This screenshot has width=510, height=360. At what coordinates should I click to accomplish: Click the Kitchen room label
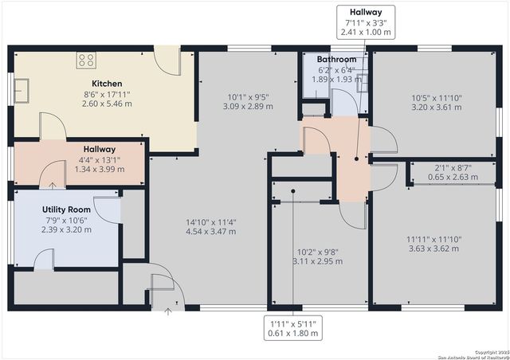click(106, 84)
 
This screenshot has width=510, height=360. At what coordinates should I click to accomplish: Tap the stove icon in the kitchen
click(86, 60)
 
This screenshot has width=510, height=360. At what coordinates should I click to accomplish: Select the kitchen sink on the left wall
click(22, 88)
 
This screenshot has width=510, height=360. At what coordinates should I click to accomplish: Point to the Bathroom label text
click(336, 60)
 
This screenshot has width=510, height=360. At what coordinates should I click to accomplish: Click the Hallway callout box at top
click(366, 22)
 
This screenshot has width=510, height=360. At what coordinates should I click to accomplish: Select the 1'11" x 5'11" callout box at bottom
click(293, 328)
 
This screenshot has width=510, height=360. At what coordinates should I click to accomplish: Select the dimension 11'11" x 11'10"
click(434, 238)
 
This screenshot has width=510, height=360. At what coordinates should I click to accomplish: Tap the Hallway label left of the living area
click(100, 149)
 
